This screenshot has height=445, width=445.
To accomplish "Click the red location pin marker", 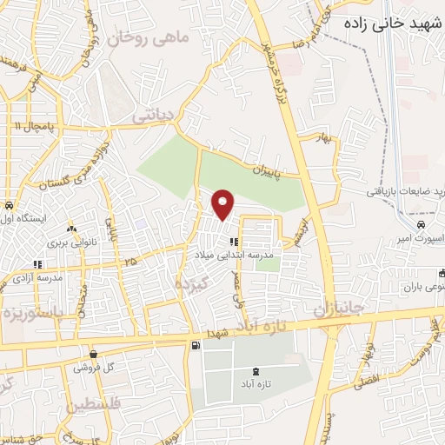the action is [223, 204].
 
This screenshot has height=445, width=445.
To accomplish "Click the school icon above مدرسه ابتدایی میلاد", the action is [233, 242].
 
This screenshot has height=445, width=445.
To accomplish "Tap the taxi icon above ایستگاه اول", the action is [8, 207].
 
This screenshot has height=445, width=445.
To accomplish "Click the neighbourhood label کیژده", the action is [193, 283].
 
